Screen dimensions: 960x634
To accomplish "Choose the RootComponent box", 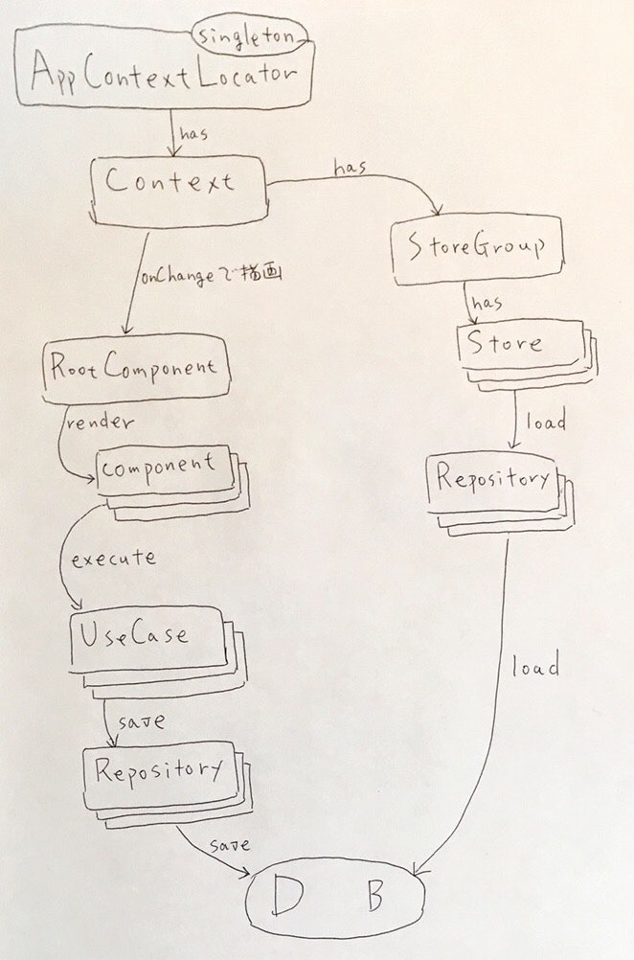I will pyautogui.click(x=134, y=366).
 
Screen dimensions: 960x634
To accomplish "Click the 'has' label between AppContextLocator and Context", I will pyautogui.click(x=192, y=135).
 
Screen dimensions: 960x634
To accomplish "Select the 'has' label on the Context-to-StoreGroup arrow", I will pyautogui.click(x=350, y=169).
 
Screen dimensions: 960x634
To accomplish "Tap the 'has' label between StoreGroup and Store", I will pyautogui.click(x=487, y=304).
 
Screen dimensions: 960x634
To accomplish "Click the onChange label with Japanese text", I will pyautogui.click(x=214, y=277).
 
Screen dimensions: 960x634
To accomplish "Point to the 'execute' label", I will pyautogui.click(x=113, y=558).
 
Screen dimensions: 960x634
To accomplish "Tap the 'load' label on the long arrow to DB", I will pyautogui.click(x=534, y=667).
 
